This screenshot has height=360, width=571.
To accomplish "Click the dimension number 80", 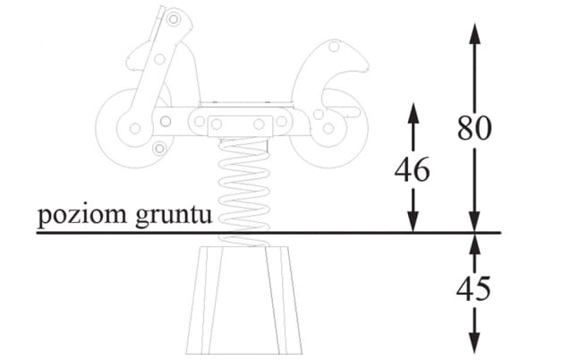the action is point(474,128).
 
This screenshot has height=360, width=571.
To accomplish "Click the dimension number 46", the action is point(413,169).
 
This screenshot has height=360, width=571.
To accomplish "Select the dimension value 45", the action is point(473,289).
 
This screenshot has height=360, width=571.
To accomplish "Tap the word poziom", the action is point(82,216).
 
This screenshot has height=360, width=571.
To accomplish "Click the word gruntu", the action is point(174,217).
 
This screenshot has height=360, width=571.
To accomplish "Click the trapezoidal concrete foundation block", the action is point(244,300).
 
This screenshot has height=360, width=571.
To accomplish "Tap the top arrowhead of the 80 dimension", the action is point(474,33).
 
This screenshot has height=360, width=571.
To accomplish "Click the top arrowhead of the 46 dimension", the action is point(413,113).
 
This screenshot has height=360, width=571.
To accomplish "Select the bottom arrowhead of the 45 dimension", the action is point(474,343).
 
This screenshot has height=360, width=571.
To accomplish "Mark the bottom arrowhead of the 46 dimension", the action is point(413,221).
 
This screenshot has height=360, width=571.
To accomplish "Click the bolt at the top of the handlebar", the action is point(174,19).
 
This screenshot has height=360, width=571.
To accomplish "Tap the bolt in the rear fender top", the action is point(334,47).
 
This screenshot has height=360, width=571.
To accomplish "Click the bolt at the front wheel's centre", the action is point(135,128).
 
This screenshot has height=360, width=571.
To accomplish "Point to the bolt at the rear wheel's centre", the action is point(328,128).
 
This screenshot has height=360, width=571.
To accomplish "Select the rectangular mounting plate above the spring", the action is point(241,126).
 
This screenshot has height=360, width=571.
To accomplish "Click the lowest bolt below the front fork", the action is point(159,149).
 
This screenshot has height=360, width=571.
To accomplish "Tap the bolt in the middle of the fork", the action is point(159,59).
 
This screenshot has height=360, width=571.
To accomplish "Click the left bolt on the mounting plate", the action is point(217,124).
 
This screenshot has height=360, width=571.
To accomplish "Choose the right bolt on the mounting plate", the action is point(259,124).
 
